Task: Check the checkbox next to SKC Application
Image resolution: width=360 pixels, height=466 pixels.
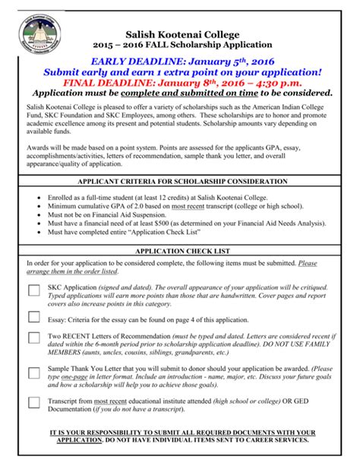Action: pyautogui.click(x=34, y=290)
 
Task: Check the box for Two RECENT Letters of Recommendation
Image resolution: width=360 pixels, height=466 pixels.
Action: pyautogui.click(x=34, y=338)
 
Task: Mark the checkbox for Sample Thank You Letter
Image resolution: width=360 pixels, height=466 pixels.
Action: pyautogui.click(x=34, y=372)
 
